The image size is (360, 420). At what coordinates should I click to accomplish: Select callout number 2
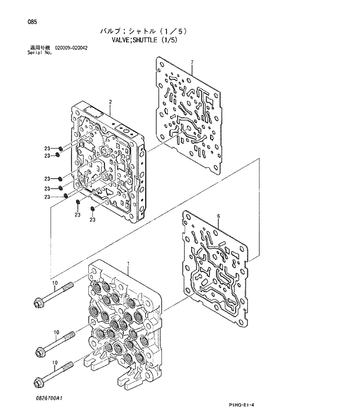click(110, 102)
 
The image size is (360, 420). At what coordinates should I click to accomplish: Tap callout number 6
click(218, 216)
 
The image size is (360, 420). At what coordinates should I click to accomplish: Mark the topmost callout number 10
click(55, 283)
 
